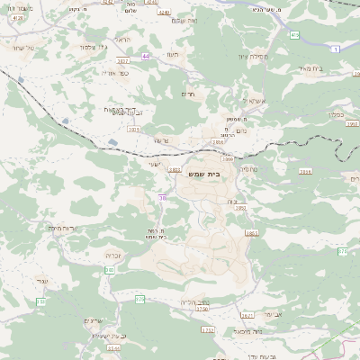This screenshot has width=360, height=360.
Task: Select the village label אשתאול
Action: [233, 102]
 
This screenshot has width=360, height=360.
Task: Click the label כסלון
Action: [337, 114]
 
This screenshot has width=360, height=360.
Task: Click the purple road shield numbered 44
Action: [146, 56]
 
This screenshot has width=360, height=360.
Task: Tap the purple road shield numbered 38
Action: [162, 197]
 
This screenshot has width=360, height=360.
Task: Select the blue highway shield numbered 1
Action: [335, 49]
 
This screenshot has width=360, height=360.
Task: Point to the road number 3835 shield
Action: [134, 130]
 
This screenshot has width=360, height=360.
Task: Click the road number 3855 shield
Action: [251, 232]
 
